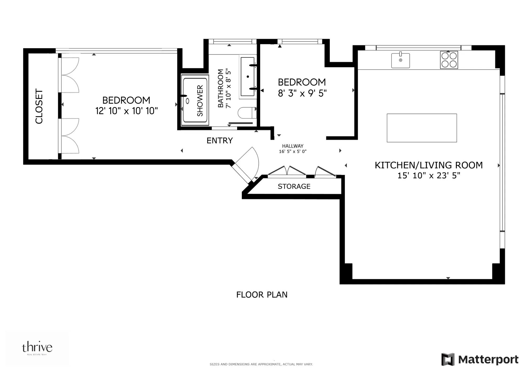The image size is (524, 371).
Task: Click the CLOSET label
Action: point(39,106)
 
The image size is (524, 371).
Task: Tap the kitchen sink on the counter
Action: point(400,61)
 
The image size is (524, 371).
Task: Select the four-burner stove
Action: point(449,60)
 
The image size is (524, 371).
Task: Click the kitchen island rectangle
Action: point(422,128)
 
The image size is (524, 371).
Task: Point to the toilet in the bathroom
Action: point(247,113)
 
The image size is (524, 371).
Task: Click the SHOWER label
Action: point(200,100)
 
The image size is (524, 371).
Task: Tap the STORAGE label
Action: point(294,187)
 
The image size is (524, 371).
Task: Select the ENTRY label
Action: point(220,141)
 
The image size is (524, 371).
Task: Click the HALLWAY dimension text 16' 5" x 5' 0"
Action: point(292,151)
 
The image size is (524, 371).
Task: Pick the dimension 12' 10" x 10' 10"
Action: point(127,111)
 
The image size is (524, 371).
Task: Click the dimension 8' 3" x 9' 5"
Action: point(302,93)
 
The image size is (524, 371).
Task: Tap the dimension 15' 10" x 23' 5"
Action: point(429,176)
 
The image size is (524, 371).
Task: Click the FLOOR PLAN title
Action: point(262,295)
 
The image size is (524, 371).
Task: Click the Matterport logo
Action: point(480,359)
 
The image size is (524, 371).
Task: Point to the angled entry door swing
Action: point(248,163)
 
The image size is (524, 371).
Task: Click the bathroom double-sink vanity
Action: point(248,77)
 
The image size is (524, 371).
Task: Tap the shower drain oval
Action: point(187,101)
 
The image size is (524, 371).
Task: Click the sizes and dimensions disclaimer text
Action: point(261,364)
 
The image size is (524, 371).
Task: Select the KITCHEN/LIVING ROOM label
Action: point(429,165)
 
